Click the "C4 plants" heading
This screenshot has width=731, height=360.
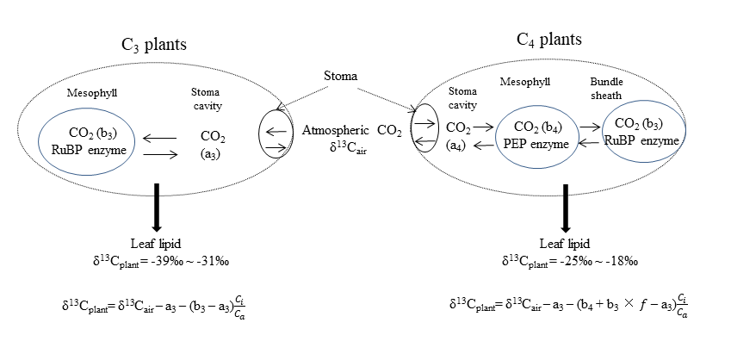[x=548, y=40]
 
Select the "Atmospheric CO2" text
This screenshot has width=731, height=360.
[x=352, y=131]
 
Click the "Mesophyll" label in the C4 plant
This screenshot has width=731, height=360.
[x=526, y=83]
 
